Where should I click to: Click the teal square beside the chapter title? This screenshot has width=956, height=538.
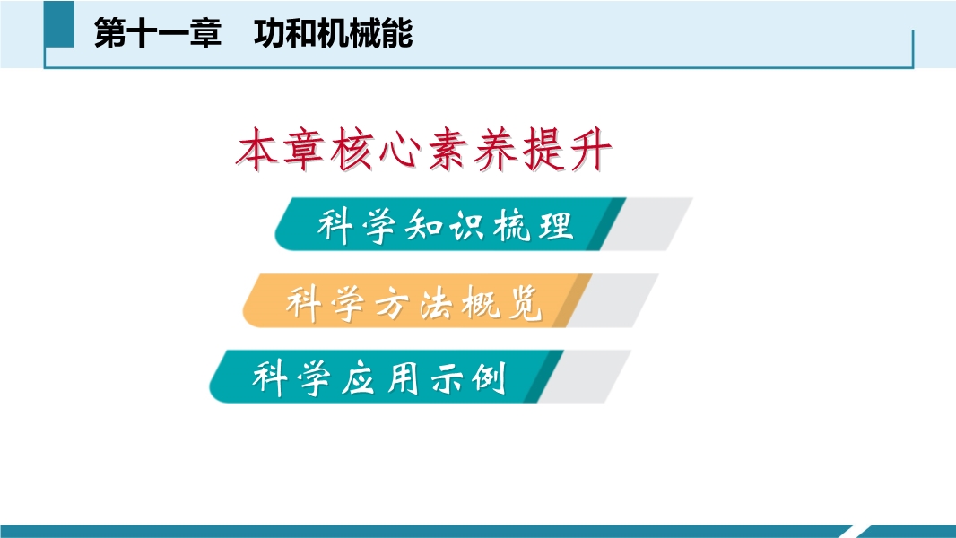(x=59, y=24)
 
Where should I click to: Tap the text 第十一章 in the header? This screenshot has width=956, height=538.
(x=157, y=33)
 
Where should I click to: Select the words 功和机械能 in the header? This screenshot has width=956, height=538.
(x=334, y=33)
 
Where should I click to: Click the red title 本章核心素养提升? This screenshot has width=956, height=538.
(x=423, y=149)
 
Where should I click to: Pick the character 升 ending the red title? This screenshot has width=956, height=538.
(x=590, y=149)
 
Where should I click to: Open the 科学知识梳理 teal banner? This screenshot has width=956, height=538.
(x=450, y=224)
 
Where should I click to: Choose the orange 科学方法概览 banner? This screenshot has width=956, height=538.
(x=417, y=300)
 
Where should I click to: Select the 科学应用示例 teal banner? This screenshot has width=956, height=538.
(x=386, y=377)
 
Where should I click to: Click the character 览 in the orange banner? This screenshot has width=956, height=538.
(x=525, y=301)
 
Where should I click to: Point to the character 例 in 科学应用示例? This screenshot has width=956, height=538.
(x=489, y=377)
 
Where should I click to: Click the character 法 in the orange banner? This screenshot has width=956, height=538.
(x=437, y=301)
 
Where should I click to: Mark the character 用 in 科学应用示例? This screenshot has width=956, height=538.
(x=403, y=377)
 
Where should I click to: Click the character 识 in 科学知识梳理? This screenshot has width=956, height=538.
(x=467, y=225)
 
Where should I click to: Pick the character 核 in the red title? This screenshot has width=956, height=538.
(x=352, y=149)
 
